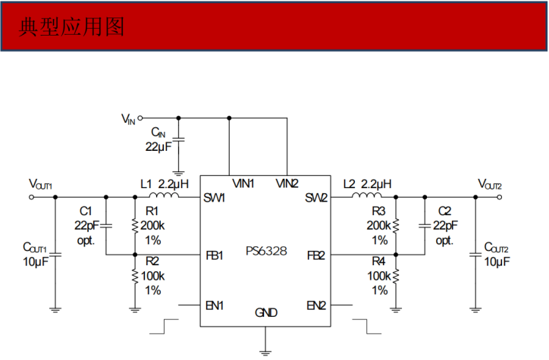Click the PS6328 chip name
click(x=266, y=251)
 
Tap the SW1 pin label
click(x=214, y=198)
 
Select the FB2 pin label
click(x=315, y=255)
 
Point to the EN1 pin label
click(x=214, y=305)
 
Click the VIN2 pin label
click(x=287, y=183)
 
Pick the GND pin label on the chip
click(x=265, y=312)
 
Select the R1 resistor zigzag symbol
click(x=135, y=226)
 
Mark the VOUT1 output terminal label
click(x=40, y=184)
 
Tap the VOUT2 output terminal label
click(x=490, y=184)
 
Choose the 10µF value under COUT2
click(x=497, y=261)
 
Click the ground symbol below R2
click(x=135, y=307)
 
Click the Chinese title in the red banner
click(x=71, y=27)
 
